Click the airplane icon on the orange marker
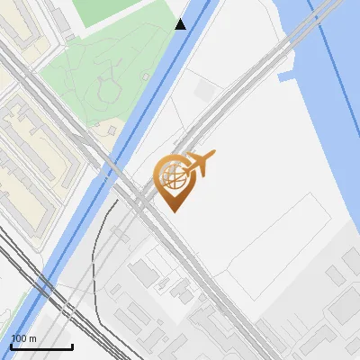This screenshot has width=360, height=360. coord(201,164)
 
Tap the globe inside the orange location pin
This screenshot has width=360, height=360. coord(172,174)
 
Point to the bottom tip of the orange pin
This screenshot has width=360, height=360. coord(173,211)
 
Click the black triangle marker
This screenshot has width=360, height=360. coord(181,24)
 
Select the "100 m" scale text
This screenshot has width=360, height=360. coord(23,338)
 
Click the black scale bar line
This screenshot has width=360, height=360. coord(41,346)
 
